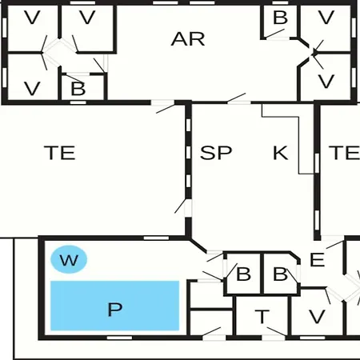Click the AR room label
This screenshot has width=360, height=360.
[188, 39]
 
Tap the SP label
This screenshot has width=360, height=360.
[216, 153]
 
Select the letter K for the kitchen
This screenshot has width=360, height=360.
[281, 153]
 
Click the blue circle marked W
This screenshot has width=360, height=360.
[69, 259]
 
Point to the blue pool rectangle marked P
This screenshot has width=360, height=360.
[115, 306]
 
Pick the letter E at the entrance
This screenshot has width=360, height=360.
[318, 259]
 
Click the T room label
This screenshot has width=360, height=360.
[262, 317]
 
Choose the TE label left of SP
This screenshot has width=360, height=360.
[60, 153]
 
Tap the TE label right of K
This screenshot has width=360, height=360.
[344, 153]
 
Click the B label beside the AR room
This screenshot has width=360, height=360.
[280, 18]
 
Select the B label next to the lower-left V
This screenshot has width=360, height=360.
[78, 89]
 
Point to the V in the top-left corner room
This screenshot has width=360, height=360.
[32, 18]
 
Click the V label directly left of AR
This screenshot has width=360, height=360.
[87, 18]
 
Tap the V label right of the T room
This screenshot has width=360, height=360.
[317, 317]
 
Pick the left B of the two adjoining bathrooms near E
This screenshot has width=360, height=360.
[243, 274]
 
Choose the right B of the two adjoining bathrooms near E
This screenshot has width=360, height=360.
[280, 274]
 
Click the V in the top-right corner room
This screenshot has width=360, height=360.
[326, 18]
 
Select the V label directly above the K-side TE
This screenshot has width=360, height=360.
[326, 82]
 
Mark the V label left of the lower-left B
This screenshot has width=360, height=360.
[32, 89]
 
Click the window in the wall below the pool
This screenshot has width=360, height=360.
[119, 338]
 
